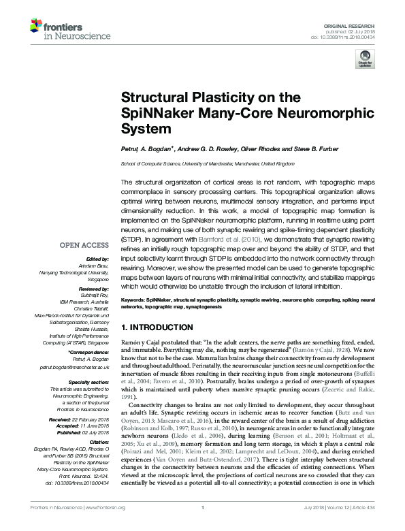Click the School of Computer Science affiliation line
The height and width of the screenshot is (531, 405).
tap(208, 164)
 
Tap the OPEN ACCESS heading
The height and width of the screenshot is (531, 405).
tap(86, 245)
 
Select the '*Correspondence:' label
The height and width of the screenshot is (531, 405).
tap(91, 353)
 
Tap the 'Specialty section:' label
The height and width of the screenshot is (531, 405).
tap(90, 383)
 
